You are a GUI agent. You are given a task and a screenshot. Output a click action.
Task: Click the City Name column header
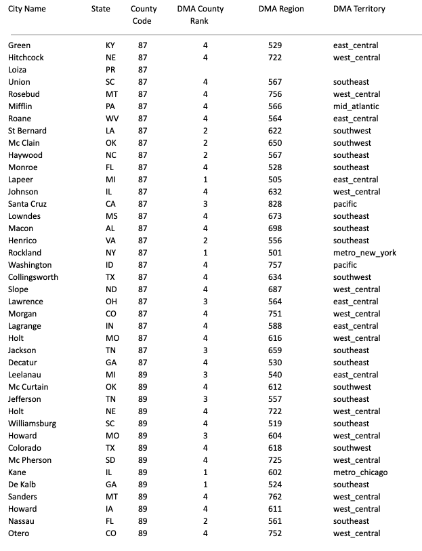click(x=27, y=9)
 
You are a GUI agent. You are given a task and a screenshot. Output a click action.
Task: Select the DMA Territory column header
click(x=359, y=9)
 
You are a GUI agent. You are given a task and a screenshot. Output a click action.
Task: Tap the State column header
click(x=101, y=9)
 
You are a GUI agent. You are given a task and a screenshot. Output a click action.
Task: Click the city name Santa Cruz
click(x=27, y=204)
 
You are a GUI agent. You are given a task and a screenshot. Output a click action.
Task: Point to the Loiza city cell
click(x=17, y=70)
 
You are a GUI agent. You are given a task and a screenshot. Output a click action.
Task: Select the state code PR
click(x=110, y=70)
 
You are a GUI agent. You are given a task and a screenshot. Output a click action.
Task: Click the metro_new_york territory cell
click(x=364, y=253)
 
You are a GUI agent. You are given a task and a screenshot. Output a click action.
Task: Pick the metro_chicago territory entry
click(x=360, y=472)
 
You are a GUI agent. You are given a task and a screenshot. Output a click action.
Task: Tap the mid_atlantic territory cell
click(x=356, y=106)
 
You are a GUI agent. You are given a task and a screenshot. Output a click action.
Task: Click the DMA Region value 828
click(x=274, y=204)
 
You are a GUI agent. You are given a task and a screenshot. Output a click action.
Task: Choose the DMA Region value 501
click(x=274, y=253)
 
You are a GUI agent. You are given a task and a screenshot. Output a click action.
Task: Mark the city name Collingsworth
click(x=33, y=277)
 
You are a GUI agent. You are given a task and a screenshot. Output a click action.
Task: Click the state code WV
click(x=110, y=119)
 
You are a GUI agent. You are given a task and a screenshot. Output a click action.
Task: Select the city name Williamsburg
click(x=32, y=424)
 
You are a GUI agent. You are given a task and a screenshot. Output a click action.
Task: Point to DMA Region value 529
click(x=274, y=45)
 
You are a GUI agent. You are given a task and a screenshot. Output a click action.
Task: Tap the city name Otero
click(x=18, y=533)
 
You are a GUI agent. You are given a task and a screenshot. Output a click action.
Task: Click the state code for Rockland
click(x=110, y=253)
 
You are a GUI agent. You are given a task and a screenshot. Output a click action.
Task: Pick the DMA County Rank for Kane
click(x=205, y=472)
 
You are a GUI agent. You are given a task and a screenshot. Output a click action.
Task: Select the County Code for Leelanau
click(x=142, y=375)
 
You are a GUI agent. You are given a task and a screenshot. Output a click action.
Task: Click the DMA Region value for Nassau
click(x=274, y=521)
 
